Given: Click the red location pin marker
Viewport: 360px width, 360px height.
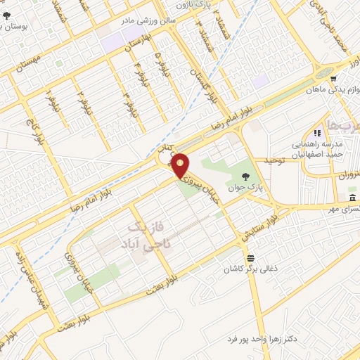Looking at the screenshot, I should [x=181, y=166].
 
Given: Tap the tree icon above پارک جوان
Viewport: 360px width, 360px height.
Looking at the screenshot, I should [x=245, y=175].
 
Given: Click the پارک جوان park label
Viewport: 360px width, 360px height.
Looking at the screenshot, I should [x=243, y=188].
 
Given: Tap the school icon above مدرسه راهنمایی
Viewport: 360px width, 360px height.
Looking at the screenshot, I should [x=317, y=133].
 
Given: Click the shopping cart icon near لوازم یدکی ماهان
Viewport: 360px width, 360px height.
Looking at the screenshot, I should [x=335, y=79].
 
